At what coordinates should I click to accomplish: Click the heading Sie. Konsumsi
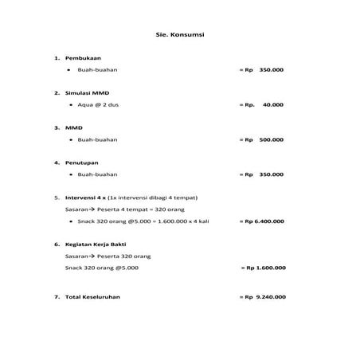(x=179, y=35)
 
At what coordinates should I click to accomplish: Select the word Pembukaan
(x=81, y=58)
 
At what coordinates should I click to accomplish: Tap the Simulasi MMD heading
(x=88, y=93)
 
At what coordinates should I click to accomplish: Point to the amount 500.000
(x=272, y=139)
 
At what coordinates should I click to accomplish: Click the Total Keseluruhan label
(x=93, y=296)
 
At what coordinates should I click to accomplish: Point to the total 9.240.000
(x=271, y=296)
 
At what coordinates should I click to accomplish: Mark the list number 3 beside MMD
(x=56, y=127)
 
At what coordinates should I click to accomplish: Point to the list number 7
(x=56, y=296)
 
